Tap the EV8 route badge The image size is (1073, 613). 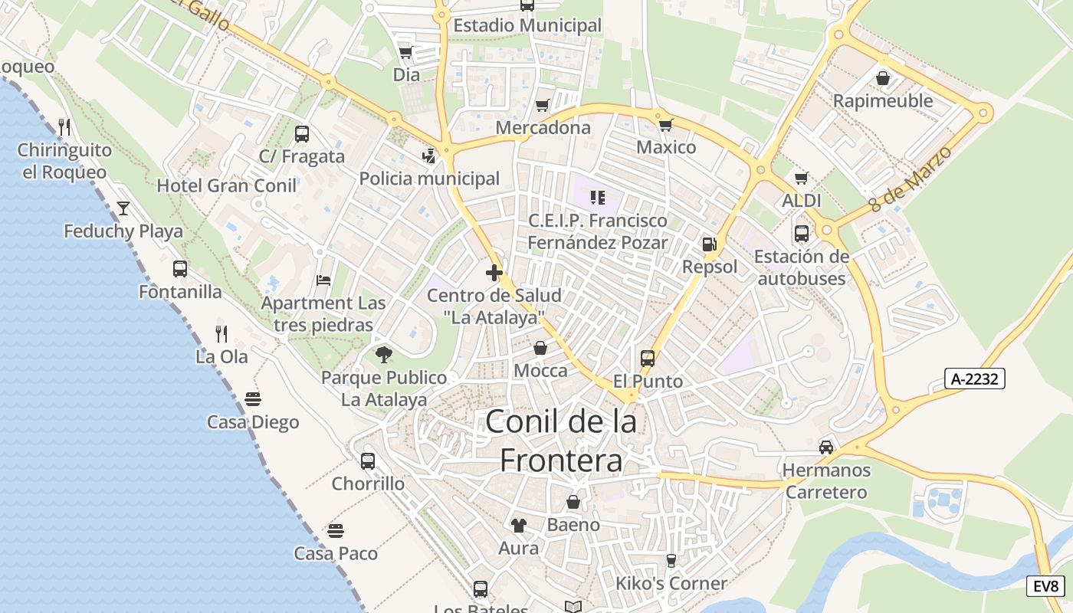click(1046, 586)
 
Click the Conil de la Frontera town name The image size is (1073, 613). click(561, 441)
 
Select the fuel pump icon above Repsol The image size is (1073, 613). click(709, 244)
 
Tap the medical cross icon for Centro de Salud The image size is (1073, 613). click(494, 272)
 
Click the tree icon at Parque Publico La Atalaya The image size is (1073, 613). click(384, 354)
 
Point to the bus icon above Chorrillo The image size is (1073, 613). click(368, 461)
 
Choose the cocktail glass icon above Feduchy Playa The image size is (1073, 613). click(123, 208)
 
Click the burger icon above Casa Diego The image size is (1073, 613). click(253, 398)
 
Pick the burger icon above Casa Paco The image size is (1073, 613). click(336, 530)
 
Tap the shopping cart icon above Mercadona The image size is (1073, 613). click(543, 105)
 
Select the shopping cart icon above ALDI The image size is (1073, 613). click(802, 178)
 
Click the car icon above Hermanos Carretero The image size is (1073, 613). click(826, 447)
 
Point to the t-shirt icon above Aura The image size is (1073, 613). click(519, 525)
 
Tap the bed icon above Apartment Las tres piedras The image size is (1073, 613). click(323, 280)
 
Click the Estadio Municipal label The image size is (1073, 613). click(527, 25)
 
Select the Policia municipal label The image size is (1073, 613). click(429, 179)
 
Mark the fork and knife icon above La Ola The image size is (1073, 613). click(221, 333)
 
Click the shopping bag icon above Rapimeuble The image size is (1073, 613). click(883, 78)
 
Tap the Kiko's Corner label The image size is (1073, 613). click(671, 584)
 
